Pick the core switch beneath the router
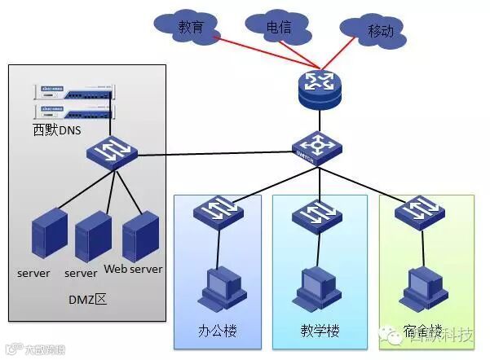[x=318, y=147]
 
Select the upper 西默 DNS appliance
[x=73, y=92]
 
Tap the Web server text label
[x=134, y=270]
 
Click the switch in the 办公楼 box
[x=218, y=211]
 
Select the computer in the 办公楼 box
[x=218, y=284]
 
